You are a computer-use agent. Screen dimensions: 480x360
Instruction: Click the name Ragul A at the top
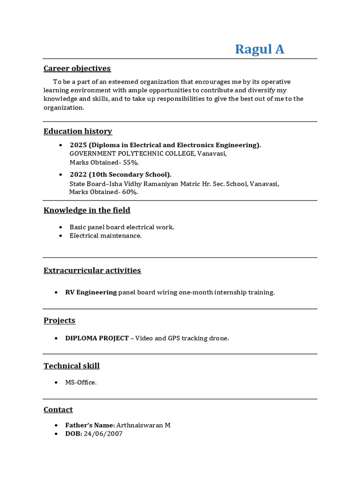[259, 49]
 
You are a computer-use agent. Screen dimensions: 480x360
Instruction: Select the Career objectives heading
[77, 68]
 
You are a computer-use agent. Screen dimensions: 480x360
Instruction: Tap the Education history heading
[78, 131]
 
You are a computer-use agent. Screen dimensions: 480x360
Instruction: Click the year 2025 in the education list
[78, 145]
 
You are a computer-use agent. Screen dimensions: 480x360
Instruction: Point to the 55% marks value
[131, 163]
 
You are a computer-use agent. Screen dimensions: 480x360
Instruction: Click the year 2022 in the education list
[78, 174]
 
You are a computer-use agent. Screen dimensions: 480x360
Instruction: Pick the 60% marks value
[130, 192]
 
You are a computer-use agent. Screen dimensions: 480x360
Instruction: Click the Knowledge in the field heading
[87, 210]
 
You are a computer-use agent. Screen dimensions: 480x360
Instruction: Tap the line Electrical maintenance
[105, 236]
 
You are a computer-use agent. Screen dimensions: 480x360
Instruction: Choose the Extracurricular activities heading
[92, 270]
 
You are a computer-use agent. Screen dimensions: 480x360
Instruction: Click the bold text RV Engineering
[91, 292]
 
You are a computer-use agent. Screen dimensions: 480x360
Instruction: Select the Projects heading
[60, 321]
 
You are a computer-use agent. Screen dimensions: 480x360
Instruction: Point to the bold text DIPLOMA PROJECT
[97, 338]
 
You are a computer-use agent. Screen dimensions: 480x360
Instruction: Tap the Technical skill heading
[72, 366]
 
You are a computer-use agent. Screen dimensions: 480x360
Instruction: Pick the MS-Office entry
[81, 382]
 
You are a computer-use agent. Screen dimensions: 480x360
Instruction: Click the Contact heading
[58, 410]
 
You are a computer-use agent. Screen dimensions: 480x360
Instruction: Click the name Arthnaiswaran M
[143, 425]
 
